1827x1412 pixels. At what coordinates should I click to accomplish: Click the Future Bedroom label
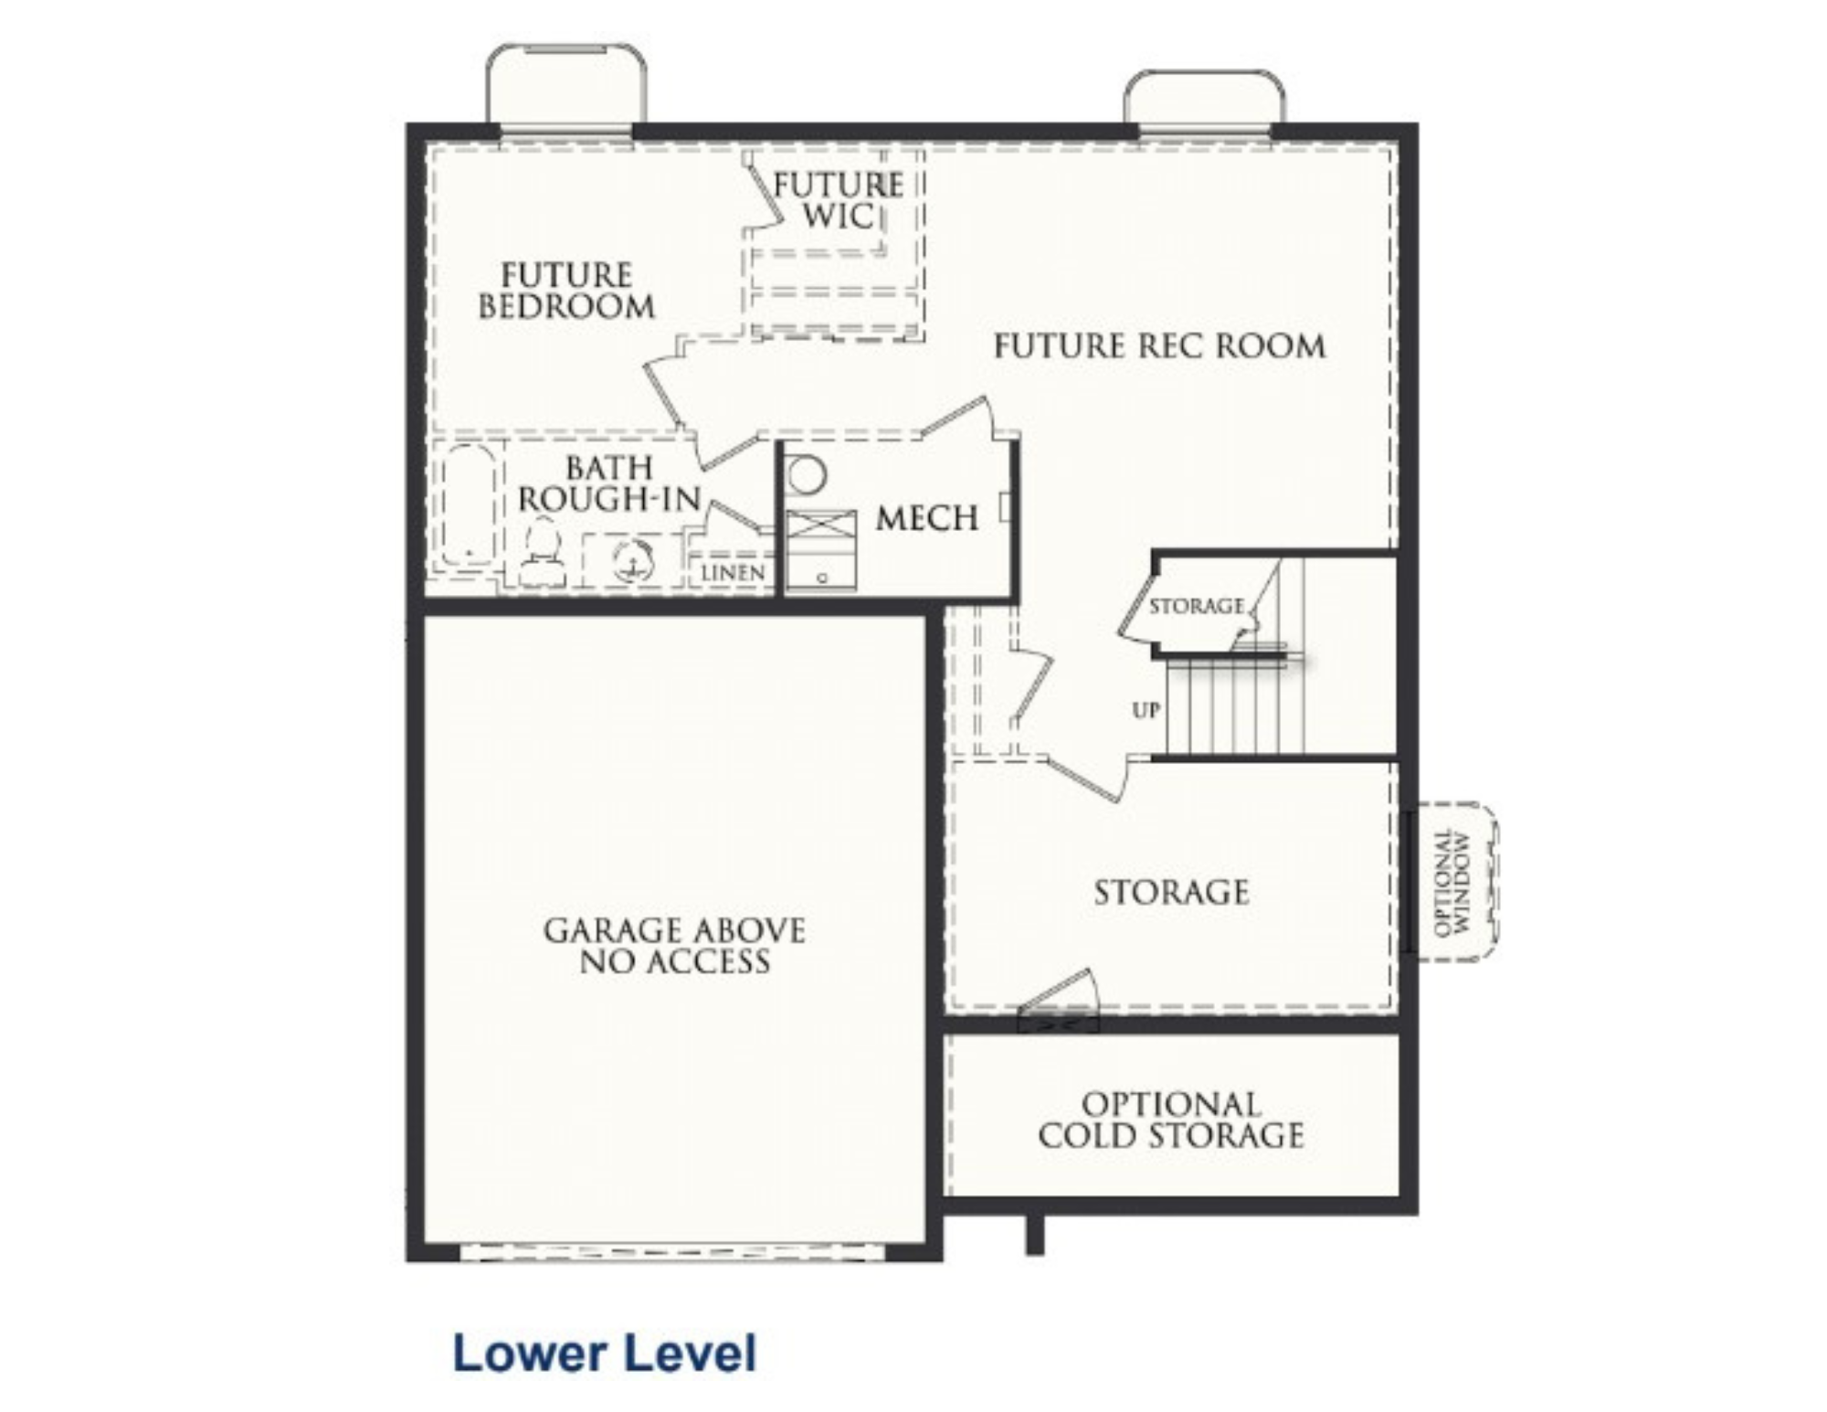566,291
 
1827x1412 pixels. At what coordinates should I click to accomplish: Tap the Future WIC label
838,200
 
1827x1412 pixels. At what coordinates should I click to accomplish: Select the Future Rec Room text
1159,346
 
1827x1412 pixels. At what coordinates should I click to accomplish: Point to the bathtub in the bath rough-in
469,505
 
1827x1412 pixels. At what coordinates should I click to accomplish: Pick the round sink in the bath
632,560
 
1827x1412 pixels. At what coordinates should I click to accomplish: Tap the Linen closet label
733,573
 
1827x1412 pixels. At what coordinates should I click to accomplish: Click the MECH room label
926,518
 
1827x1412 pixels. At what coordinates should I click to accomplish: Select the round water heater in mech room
807,475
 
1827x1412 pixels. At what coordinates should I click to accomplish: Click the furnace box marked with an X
821,528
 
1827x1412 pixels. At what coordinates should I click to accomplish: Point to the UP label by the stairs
1146,710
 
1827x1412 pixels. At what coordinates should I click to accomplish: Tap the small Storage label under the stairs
1196,606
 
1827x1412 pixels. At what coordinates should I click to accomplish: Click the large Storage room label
1171,892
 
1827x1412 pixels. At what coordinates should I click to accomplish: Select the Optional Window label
1453,883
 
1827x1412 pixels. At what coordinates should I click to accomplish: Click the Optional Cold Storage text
1171,1120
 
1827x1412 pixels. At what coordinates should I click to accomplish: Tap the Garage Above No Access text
675,946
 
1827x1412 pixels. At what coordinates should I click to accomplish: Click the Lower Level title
605,1354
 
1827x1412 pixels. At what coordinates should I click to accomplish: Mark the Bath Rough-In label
609,483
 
